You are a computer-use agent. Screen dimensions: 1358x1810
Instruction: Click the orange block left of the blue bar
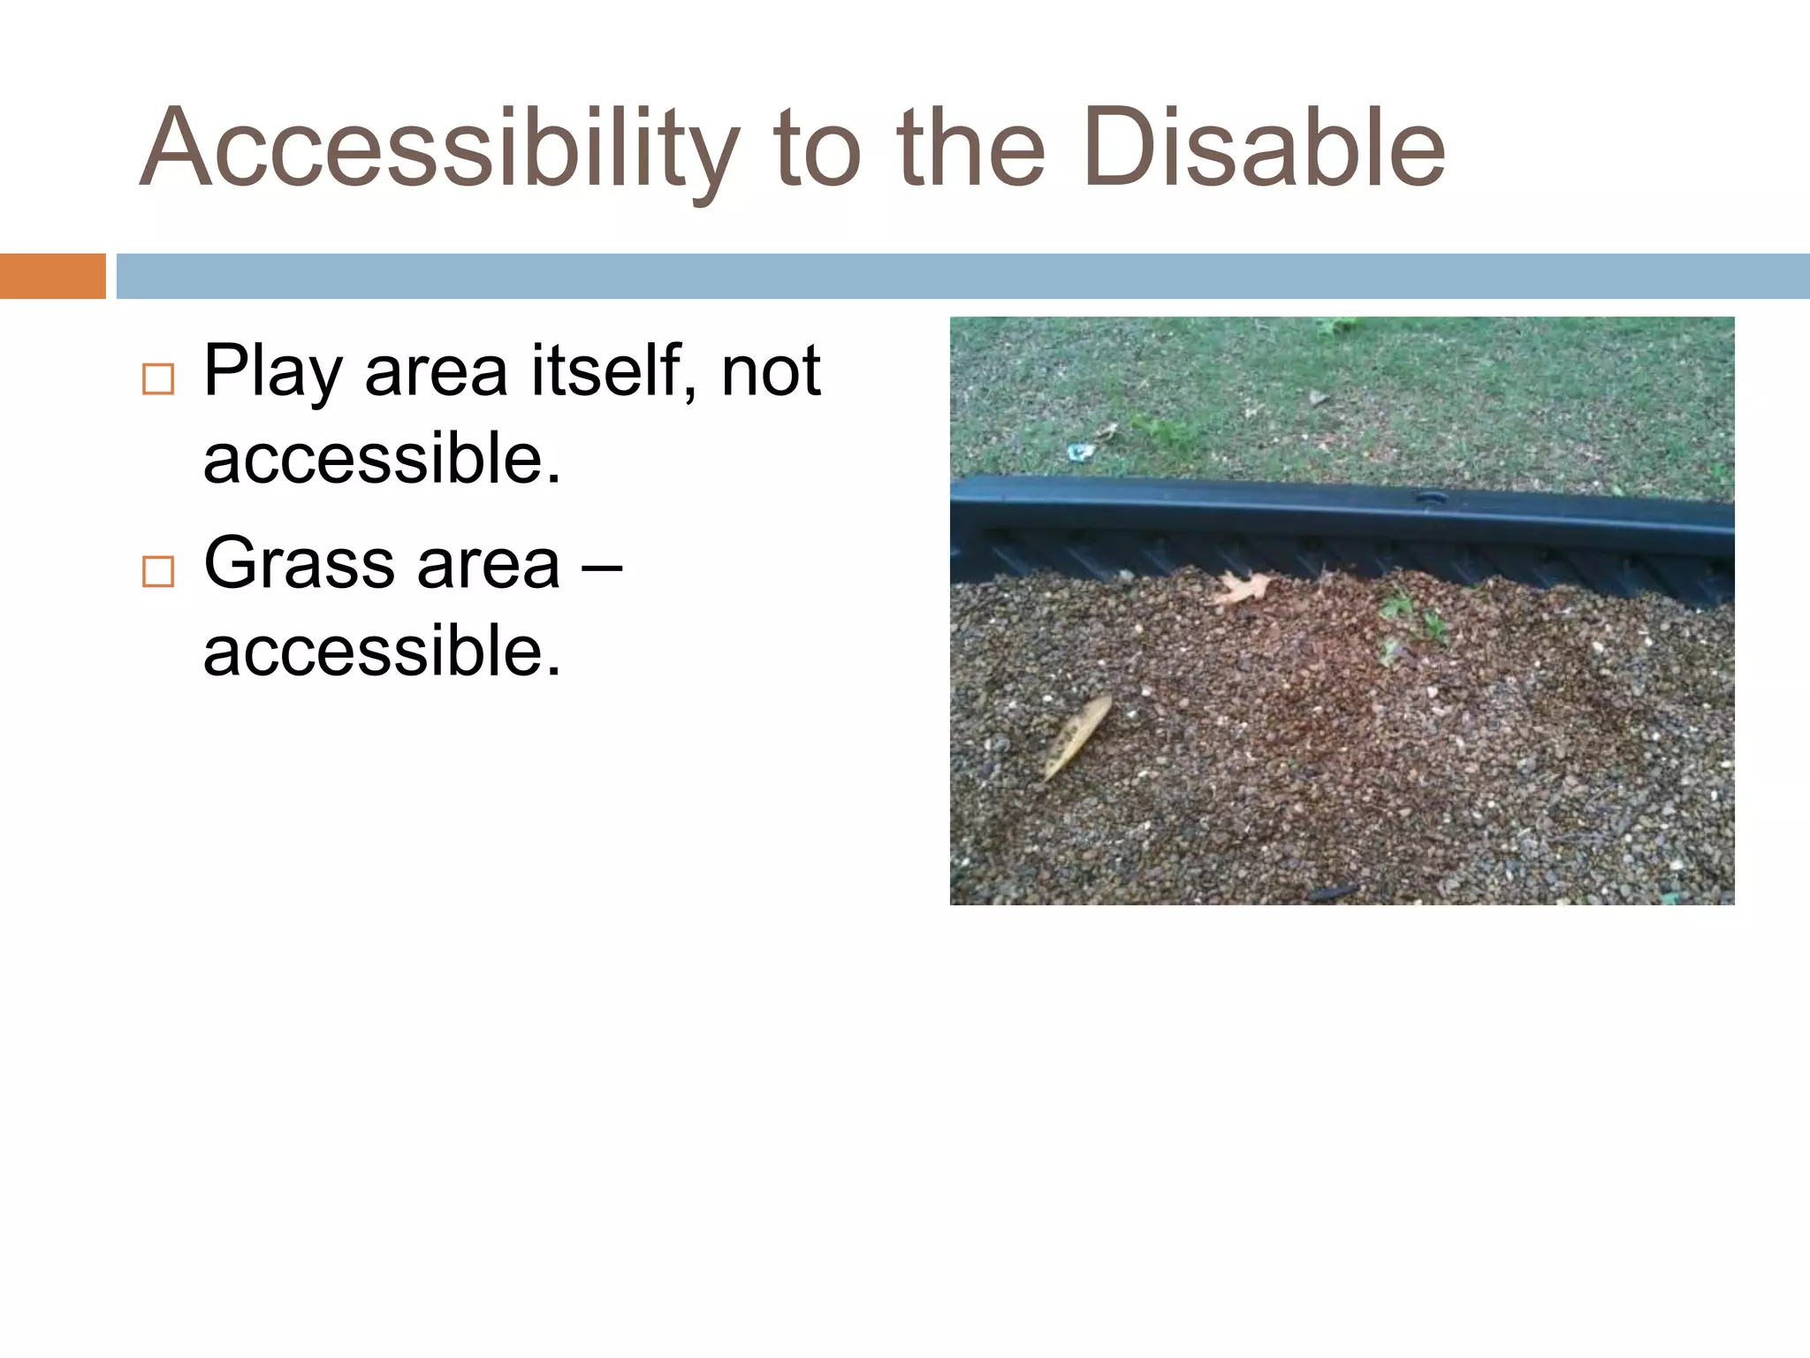(52, 276)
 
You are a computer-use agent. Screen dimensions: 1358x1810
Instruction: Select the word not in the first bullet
(771, 371)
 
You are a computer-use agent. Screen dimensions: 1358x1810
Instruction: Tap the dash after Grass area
(602, 566)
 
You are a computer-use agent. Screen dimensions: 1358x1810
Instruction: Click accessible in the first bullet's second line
(382, 459)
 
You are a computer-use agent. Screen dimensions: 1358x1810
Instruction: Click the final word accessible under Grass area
(382, 652)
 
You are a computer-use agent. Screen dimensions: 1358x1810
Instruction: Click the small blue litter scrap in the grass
(1080, 452)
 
